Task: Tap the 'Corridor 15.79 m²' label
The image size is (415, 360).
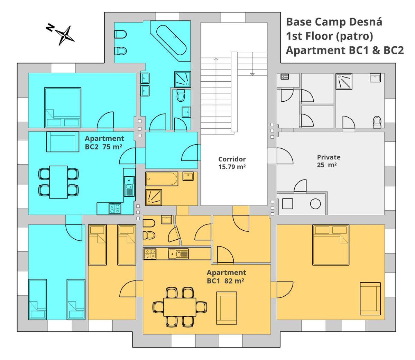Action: pos(232,163)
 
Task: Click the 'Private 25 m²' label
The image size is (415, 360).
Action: pos(329,161)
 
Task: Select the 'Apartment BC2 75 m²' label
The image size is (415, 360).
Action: pos(104,142)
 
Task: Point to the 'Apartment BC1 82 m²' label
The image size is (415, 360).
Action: pos(227,277)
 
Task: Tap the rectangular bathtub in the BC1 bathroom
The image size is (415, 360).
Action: pos(162,179)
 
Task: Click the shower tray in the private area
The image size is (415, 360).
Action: pos(344,81)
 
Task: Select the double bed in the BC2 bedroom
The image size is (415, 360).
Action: pos(63,108)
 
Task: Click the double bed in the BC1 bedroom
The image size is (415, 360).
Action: pos(331,245)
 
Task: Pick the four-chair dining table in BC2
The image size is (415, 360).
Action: pos(58,182)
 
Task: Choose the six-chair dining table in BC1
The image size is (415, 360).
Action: pos(180,307)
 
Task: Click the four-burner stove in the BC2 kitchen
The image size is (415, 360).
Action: pos(115,209)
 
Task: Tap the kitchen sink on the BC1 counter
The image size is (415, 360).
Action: pos(178,254)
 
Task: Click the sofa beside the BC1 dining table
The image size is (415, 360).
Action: pos(227,308)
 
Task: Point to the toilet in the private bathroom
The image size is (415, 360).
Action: pos(377,122)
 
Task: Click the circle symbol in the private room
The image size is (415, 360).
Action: pos(315,204)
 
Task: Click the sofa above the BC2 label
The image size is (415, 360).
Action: pos(63,141)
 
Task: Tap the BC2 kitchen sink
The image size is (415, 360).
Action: pos(129,186)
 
